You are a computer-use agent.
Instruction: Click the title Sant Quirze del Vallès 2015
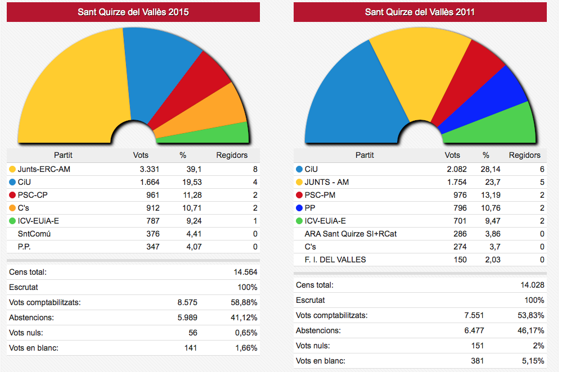tap(133, 12)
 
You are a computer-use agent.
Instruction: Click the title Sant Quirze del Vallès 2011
tap(420, 12)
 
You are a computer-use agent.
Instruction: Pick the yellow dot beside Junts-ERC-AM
tap(12, 169)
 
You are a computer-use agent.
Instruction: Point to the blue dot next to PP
tap(299, 208)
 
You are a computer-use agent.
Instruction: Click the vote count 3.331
tap(150, 169)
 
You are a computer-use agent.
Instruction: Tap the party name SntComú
tap(34, 234)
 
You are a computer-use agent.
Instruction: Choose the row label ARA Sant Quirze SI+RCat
tap(350, 234)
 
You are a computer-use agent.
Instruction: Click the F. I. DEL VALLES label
tap(335, 260)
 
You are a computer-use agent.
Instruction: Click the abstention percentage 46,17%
tap(531, 330)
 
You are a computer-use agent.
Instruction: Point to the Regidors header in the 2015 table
tap(232, 156)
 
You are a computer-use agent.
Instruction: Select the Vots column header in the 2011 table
tap(452, 156)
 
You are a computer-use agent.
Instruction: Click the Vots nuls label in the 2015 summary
tap(28, 333)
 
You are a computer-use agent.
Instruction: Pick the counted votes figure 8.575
tap(187, 302)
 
